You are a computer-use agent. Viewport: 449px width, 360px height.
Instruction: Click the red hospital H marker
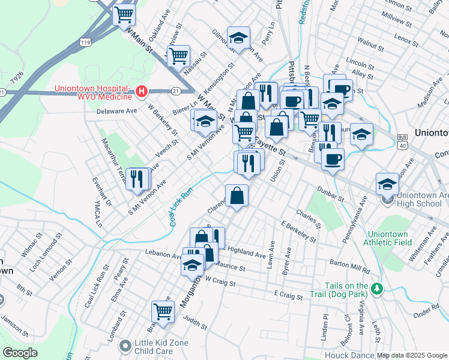point(142,91)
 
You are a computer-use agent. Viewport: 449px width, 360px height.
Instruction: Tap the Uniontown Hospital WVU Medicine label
point(93,92)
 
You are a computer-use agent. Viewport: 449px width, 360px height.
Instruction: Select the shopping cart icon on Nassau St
point(178,56)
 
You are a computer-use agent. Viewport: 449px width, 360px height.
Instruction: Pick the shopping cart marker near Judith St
point(163,311)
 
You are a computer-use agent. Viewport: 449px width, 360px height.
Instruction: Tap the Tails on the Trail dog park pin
point(376,289)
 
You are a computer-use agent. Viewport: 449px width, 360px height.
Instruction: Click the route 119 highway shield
point(86,42)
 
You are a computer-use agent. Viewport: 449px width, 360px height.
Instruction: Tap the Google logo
point(20,352)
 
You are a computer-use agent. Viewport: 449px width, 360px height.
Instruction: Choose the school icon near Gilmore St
point(238,38)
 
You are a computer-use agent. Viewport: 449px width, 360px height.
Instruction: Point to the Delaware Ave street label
point(117,111)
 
